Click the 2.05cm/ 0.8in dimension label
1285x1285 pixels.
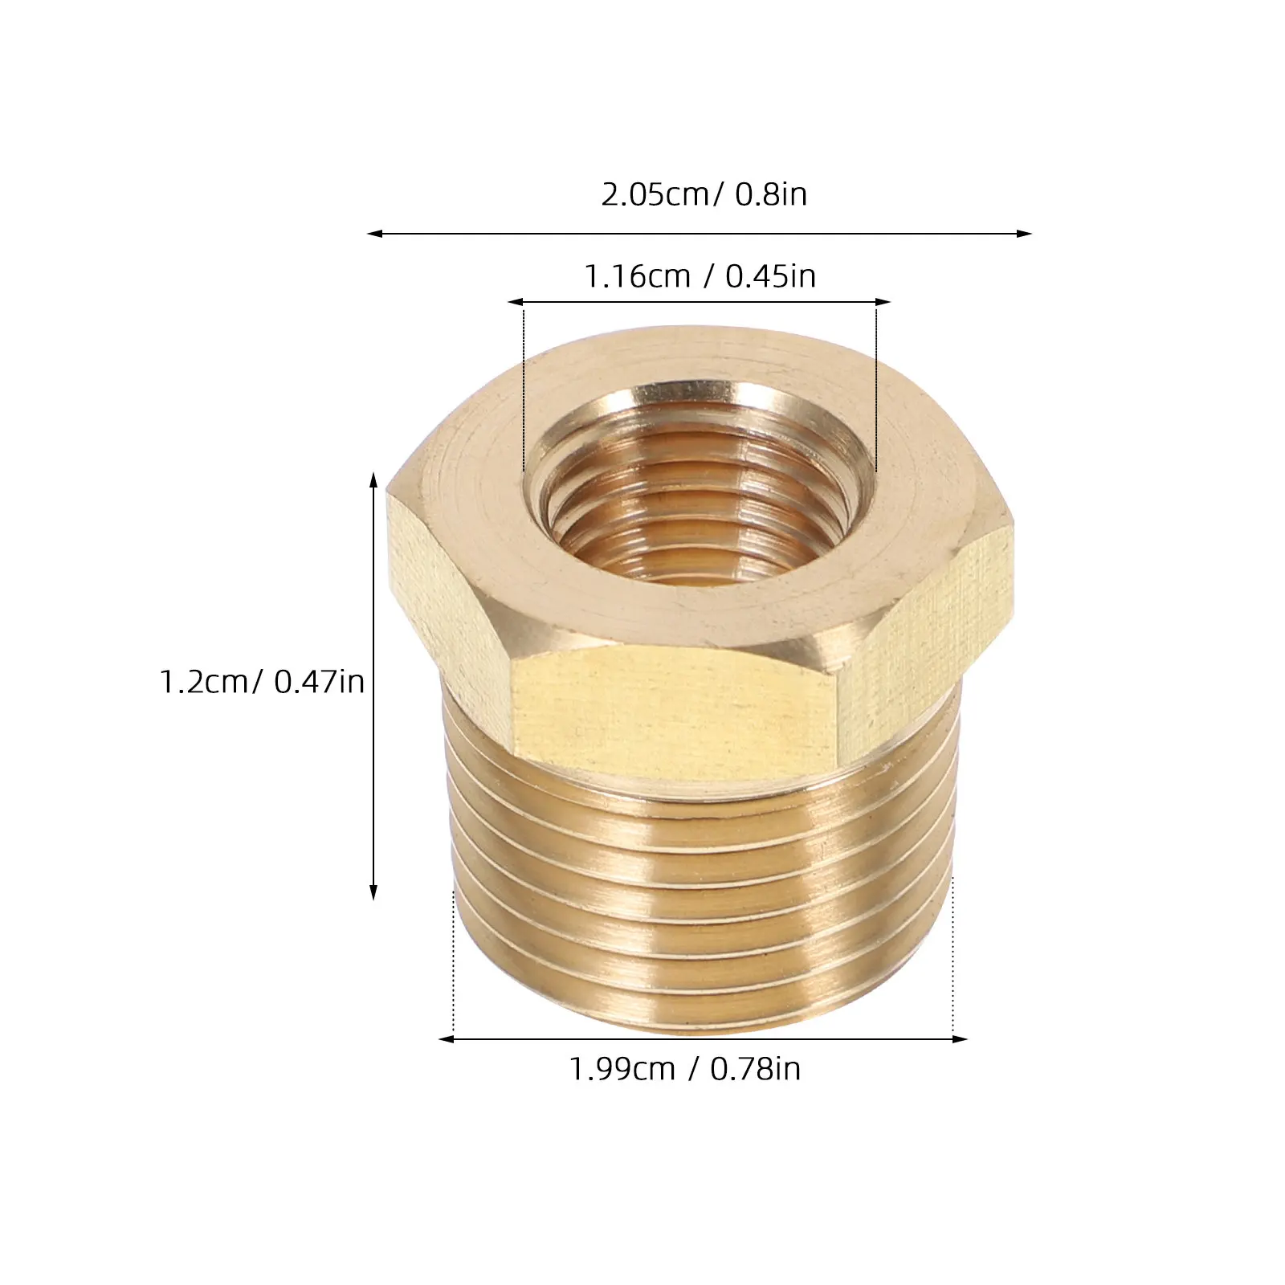(x=704, y=194)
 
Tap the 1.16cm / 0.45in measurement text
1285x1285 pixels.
(x=700, y=277)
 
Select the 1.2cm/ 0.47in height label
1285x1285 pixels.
(x=263, y=682)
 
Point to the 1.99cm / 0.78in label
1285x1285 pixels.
(x=685, y=1069)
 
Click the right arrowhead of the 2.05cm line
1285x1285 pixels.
(x=1023, y=234)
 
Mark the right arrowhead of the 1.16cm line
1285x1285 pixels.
(x=883, y=303)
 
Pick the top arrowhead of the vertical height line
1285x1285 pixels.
(x=373, y=481)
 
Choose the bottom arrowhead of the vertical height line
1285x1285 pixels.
(x=373, y=891)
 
